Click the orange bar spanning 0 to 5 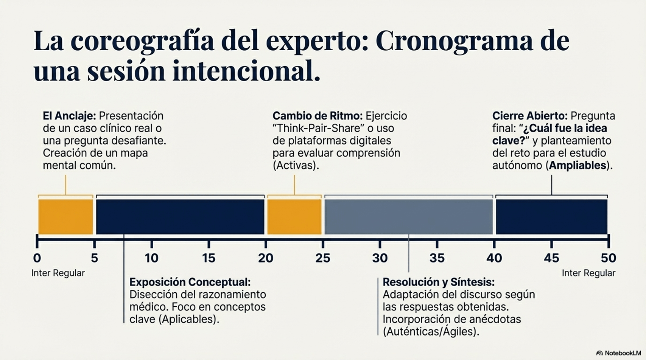tap(65, 217)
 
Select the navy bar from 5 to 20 tap(180, 217)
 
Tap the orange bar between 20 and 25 tap(294, 217)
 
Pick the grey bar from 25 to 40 tap(409, 217)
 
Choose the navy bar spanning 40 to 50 tap(551, 217)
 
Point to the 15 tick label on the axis tap(209, 258)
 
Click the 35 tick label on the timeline tap(437, 258)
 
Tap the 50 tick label tap(608, 258)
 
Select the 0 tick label tap(37, 258)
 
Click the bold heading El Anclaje tap(69, 116)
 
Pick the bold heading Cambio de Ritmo tap(317, 116)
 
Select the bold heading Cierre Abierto tap(529, 116)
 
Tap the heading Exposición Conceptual tap(190, 282)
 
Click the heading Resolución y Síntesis tap(438, 282)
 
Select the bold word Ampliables tap(578, 166)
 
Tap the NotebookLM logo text tap(622, 353)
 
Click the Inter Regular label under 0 tap(58, 273)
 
